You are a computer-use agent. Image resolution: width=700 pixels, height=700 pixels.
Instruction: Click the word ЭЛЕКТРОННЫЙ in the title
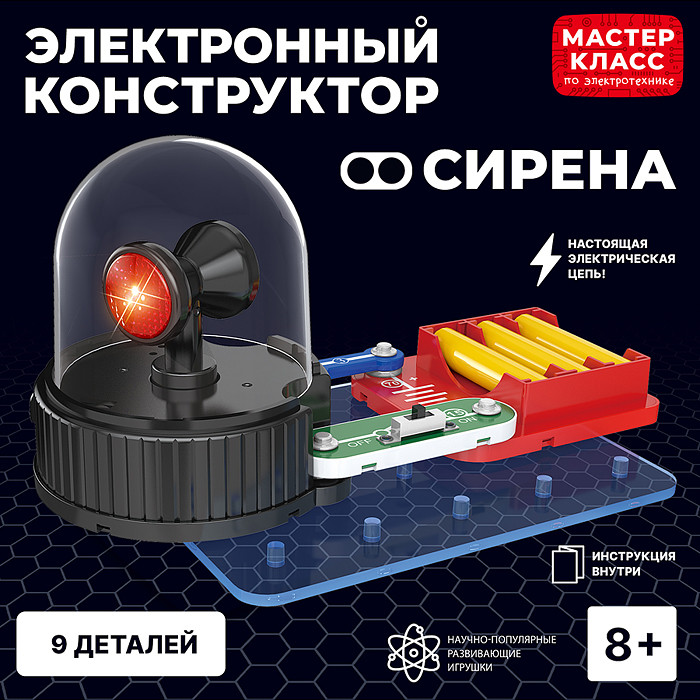[x=230, y=44]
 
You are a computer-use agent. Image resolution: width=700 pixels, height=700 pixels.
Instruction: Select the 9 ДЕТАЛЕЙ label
[x=125, y=641]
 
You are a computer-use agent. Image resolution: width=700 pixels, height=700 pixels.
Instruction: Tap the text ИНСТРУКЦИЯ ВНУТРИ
[x=636, y=564]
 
